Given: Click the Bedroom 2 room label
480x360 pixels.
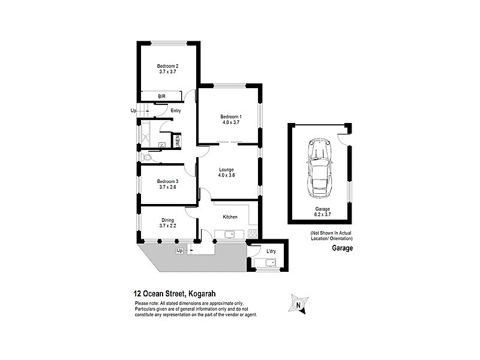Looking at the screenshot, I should pos(168,66).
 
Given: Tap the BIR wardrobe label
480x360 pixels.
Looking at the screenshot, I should pos(161,96).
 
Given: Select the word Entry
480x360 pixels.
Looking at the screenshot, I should pos(176,110).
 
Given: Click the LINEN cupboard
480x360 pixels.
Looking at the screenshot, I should pos(178,141).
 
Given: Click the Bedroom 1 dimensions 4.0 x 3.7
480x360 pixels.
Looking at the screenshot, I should pos(230,122).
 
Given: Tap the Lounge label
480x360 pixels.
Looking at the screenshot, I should pos(226,170).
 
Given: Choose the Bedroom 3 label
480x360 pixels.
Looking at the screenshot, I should pos(168,181).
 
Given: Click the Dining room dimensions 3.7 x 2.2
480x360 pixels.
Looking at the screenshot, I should pos(167,226).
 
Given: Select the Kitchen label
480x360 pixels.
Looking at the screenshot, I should pos(230,217).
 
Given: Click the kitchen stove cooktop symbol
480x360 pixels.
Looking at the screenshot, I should pos(252,233).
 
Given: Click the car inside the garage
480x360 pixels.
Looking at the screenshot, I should pos(319,170).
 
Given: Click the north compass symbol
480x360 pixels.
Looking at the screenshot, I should pos(298,304).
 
